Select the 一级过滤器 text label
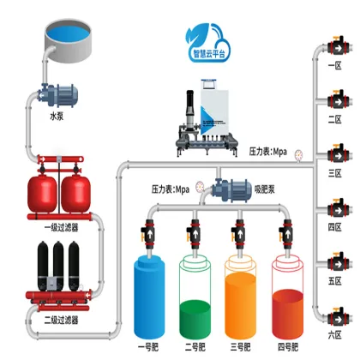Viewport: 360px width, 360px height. point(62,226)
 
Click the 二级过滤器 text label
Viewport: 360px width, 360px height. point(61,320)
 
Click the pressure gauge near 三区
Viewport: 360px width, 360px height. point(298,155)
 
